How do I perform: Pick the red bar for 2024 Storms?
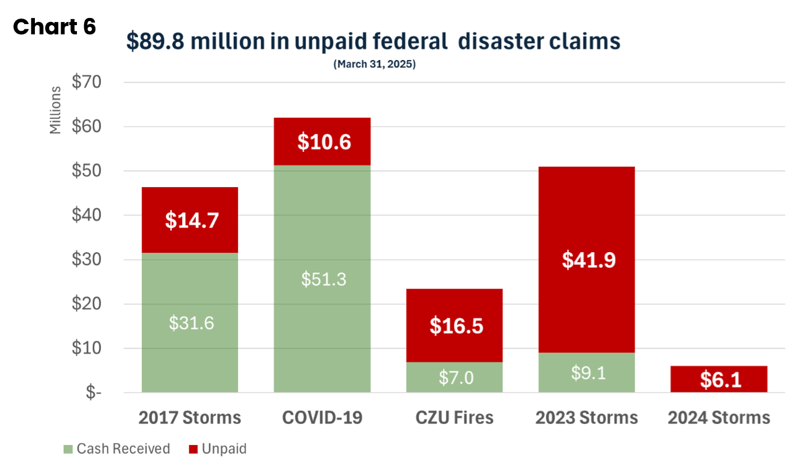coord(719,379)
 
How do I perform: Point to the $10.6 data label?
coord(324,142)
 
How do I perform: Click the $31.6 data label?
coord(191,323)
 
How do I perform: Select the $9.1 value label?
coord(588,373)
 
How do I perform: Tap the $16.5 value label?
coord(456,326)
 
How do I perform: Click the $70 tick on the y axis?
coord(87,82)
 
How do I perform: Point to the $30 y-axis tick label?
coord(87,259)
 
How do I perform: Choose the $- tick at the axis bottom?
coord(93,393)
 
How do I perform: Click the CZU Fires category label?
coord(454,418)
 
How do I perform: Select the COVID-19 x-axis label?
coord(322,418)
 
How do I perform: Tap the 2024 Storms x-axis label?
coord(719,418)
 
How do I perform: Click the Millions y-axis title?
coord(55,110)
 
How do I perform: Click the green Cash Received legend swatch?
coord(68,450)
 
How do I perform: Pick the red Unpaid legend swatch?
coord(193,450)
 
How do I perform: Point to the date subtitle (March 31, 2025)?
coord(374,64)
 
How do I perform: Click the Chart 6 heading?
coord(54,27)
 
